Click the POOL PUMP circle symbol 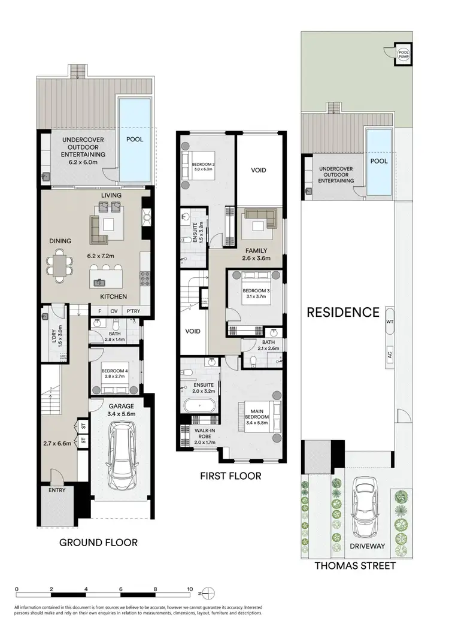(x=404, y=56)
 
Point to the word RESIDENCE (x=343, y=312)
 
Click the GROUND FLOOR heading (x=98, y=543)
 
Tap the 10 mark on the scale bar (x=190, y=589)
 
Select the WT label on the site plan (x=390, y=322)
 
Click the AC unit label (x=390, y=355)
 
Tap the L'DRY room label (x=60, y=331)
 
